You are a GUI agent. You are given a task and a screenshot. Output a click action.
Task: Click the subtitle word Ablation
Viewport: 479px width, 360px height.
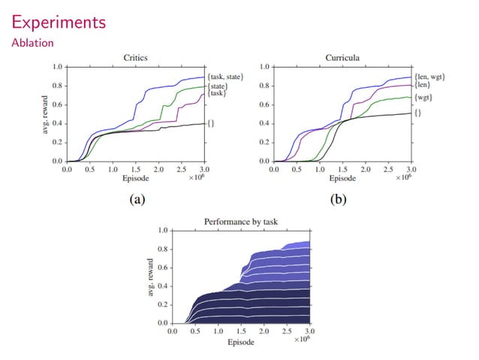pos(32,44)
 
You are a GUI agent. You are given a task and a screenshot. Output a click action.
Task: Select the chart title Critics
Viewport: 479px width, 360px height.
pos(136,57)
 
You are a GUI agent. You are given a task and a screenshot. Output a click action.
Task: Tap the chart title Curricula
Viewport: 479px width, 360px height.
pos(342,57)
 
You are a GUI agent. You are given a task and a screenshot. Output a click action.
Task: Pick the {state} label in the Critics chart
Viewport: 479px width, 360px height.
pos(218,86)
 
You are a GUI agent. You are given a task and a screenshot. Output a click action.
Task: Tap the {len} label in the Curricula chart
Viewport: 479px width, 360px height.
pos(422,85)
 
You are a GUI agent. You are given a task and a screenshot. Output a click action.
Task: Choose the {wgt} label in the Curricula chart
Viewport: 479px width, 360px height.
pos(423,98)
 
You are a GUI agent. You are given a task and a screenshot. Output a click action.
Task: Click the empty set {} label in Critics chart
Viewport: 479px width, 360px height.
pos(211,123)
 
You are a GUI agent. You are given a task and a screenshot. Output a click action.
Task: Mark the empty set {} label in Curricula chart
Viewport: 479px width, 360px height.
pos(417,113)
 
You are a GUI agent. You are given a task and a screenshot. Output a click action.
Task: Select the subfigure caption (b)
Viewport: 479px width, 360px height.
pos(342,200)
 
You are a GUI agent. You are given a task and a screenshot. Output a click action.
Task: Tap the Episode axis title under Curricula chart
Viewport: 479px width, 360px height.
pos(342,179)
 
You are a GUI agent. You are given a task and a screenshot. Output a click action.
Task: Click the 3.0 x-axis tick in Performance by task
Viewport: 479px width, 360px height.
pos(309,331)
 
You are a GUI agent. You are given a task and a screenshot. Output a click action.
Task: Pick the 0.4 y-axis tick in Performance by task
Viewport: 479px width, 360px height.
pos(163,286)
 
